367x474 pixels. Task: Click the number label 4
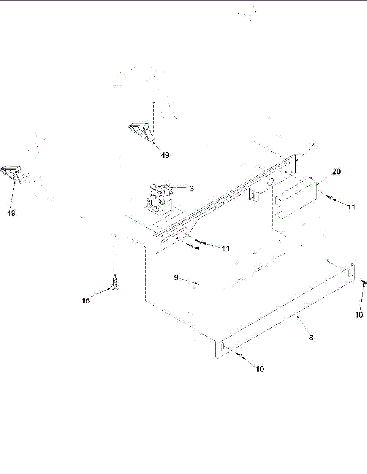(x=313, y=146)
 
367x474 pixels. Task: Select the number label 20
(x=325, y=171)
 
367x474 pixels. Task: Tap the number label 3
(x=191, y=188)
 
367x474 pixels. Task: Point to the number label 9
(x=176, y=278)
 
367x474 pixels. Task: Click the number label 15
(x=86, y=301)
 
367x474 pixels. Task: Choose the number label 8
(x=311, y=338)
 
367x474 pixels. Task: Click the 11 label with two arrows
(x=225, y=248)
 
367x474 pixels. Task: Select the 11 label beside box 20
(x=351, y=207)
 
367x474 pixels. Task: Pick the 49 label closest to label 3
(x=165, y=155)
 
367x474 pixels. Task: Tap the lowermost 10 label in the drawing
(x=260, y=369)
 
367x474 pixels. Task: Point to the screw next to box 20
(x=330, y=198)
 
